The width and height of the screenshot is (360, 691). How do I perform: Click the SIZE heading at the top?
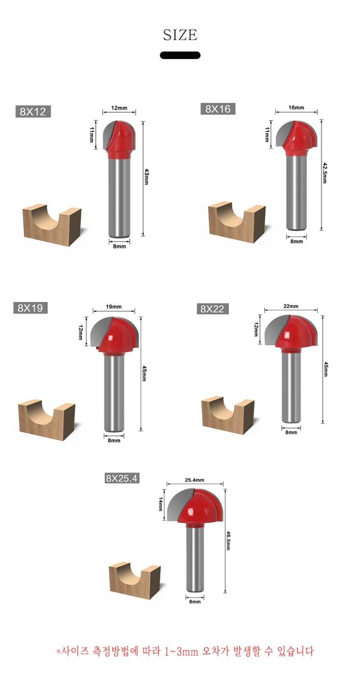tap(180, 35)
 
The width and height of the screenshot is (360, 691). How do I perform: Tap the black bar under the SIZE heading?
tap(180, 55)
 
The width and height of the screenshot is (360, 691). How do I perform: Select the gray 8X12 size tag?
tap(33, 111)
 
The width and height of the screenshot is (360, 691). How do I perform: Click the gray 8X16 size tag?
tap(218, 108)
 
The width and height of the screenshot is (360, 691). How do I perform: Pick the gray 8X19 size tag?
tap(30, 307)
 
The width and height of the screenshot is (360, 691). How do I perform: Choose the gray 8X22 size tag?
tap(213, 308)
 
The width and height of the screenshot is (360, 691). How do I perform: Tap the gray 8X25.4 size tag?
tap(121, 478)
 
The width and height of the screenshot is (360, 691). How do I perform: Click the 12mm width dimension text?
tap(119, 108)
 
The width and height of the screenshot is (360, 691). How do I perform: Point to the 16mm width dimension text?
tap(296, 108)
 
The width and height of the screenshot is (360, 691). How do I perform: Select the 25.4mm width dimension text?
tap(195, 480)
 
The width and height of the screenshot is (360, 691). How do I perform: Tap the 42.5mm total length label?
tap(324, 173)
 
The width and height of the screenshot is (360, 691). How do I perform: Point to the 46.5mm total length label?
tap(228, 541)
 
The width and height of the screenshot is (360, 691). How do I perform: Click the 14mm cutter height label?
tap(160, 504)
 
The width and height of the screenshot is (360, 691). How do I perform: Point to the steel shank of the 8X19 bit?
tap(114, 393)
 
